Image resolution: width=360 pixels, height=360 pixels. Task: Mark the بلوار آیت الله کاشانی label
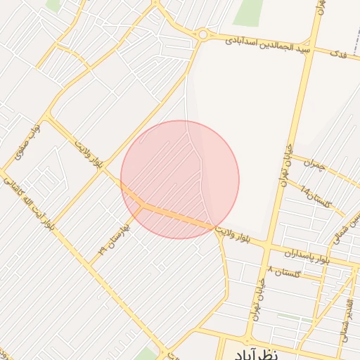tap(28, 203)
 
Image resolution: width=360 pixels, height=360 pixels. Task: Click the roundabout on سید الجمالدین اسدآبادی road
tap(203, 34)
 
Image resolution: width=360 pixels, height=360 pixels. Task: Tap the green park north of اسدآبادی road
tap(248, 10)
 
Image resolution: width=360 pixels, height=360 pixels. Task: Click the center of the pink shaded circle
tap(180, 180)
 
